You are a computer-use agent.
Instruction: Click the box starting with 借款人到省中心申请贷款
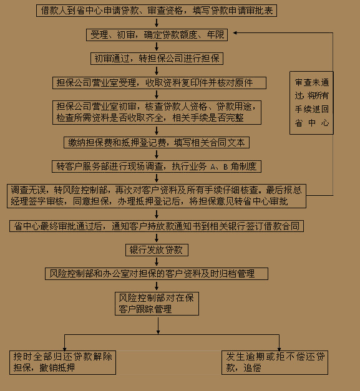[x=157, y=11]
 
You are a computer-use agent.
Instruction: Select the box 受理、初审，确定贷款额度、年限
[x=157, y=35]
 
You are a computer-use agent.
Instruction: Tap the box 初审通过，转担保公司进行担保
[x=157, y=59]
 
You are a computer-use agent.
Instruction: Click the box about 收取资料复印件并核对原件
[x=159, y=83]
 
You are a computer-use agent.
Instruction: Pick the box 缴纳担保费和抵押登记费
[x=157, y=142]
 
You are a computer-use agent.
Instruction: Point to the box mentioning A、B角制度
[x=157, y=167]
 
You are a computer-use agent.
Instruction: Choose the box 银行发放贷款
[x=157, y=250]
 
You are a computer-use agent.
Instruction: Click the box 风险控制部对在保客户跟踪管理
[x=157, y=304]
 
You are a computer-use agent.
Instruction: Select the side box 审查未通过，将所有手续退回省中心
[x=311, y=103]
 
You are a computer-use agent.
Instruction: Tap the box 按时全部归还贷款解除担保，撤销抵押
[x=62, y=362]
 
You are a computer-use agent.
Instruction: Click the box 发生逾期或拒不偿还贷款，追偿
[x=275, y=362]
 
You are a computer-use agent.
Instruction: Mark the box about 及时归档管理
[x=157, y=274]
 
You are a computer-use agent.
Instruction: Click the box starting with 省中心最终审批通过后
[x=157, y=226]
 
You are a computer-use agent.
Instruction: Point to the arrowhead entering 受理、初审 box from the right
[x=235, y=32]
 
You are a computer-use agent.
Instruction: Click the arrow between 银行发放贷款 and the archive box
[x=157, y=262]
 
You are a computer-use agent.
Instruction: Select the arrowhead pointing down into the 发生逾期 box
[x=279, y=349]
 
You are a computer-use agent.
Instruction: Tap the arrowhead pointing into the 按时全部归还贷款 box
[x=65, y=349]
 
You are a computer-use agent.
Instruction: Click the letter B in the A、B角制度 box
[x=225, y=167]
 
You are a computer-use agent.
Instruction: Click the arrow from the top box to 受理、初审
[x=157, y=22]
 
